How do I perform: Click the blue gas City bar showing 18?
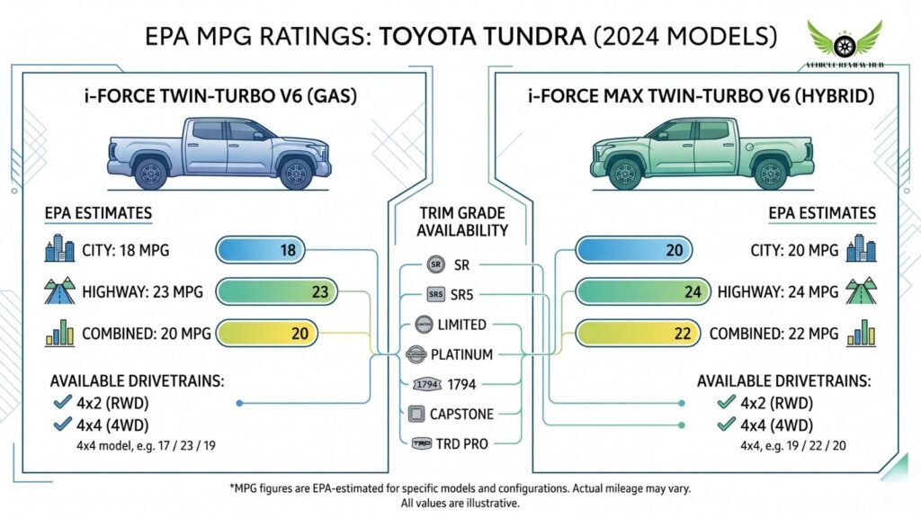[261, 251]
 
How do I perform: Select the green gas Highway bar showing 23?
[276, 291]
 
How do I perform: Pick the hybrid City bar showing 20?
[633, 251]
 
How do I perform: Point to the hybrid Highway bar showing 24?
[633, 291]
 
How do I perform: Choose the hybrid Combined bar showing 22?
[633, 334]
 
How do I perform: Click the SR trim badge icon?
[435, 265]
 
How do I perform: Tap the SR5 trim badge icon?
[435, 295]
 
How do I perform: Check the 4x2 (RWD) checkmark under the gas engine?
[62, 404]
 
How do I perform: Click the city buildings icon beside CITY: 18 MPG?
[60, 250]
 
